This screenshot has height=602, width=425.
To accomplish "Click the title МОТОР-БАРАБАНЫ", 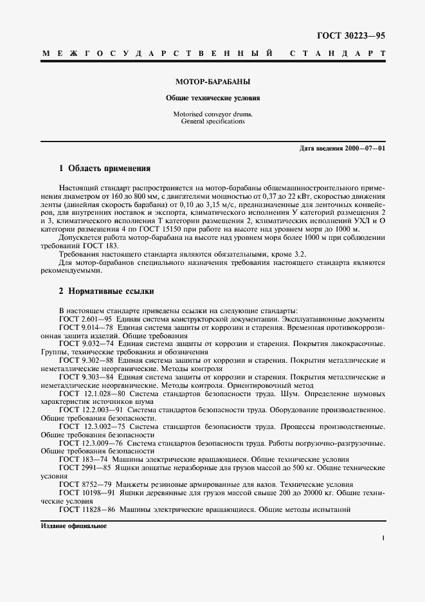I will (x=213, y=83).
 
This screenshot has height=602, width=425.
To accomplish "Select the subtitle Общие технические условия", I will (x=213, y=99).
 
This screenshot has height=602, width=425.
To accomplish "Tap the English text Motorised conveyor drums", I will (x=213, y=114).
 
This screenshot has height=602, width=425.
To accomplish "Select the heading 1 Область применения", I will (x=104, y=169).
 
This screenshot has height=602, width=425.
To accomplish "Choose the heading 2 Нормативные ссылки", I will (x=106, y=291).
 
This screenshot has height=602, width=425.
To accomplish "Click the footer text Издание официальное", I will (x=73, y=526).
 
